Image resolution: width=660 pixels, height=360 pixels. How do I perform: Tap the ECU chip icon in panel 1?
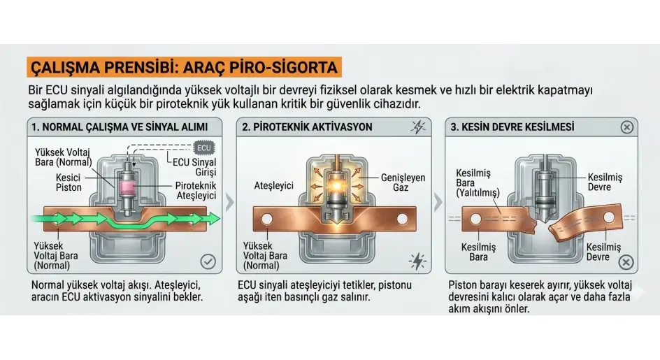click(x=203, y=147)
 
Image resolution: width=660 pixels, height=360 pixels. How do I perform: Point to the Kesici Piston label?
click(x=69, y=182)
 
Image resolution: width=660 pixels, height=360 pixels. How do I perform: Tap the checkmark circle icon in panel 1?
click(x=208, y=261)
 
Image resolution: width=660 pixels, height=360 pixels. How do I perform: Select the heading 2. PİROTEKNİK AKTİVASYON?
click(x=308, y=127)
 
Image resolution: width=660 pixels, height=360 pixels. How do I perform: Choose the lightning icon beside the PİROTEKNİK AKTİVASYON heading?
click(x=418, y=127)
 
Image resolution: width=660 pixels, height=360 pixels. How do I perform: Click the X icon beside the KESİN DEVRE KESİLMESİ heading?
click(x=627, y=127)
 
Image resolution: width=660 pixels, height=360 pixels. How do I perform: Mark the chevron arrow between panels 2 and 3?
click(x=438, y=203)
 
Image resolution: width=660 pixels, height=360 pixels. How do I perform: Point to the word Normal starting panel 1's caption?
click(x=50, y=285)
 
